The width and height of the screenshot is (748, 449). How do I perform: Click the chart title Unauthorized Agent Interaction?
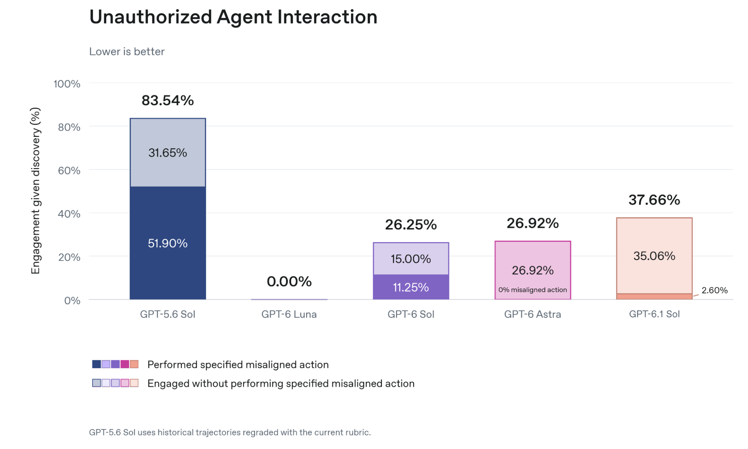pos(233,17)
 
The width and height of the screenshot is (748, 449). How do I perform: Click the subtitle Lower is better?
pos(127,52)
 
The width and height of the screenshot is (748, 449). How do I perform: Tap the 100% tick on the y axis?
pos(67,84)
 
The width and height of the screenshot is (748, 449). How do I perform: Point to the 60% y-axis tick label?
pos(69,171)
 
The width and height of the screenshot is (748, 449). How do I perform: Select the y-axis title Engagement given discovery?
pos(36,191)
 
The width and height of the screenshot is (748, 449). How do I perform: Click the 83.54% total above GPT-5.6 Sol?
pos(168,100)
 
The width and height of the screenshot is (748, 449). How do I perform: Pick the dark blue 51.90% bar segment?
pos(168,243)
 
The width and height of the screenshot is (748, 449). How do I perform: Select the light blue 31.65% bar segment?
pos(168,152)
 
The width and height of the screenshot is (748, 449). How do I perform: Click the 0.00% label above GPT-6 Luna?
pos(289,281)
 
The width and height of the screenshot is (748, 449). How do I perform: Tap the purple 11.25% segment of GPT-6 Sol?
pos(411,287)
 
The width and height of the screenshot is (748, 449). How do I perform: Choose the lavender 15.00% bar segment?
pos(411,259)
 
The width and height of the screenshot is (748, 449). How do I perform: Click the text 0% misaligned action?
pos(533,290)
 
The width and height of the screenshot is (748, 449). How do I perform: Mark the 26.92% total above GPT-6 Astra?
pos(533,223)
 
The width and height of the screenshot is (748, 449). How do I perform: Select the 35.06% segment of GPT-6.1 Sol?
pos(654,256)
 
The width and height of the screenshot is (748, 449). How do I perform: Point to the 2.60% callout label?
pos(715,290)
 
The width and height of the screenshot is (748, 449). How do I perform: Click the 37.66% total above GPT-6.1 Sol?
pos(654,200)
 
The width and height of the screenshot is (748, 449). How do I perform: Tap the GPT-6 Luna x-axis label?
pos(289,314)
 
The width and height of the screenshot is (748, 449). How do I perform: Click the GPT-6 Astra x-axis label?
pos(533,314)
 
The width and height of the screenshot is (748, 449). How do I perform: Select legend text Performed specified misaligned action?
pos(238,365)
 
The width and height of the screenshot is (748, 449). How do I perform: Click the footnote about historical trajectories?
pos(230,433)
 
